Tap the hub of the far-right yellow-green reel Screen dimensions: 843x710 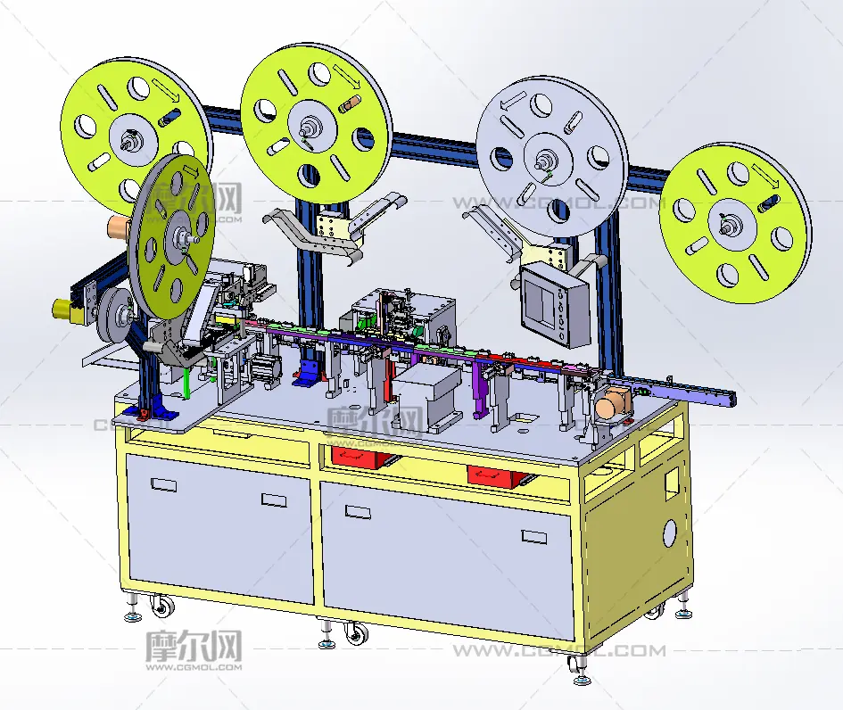click(x=731, y=223)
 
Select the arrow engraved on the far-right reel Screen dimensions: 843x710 click(x=765, y=176)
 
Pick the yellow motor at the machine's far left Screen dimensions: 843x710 click(x=64, y=310)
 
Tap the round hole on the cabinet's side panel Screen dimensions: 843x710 click(x=671, y=532)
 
